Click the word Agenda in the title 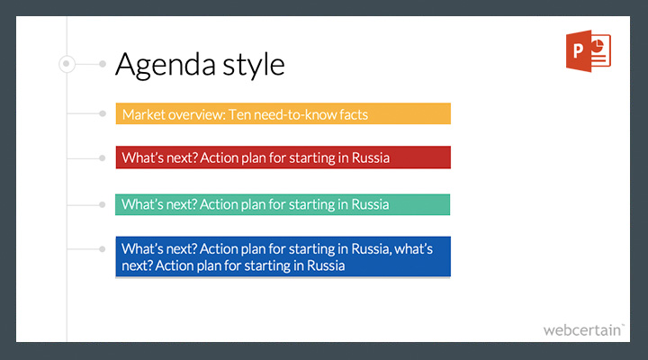166,65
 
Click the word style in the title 254,65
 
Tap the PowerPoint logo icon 589,50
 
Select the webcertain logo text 583,330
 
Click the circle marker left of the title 67,64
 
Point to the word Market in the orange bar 143,114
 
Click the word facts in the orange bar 354,114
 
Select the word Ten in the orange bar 239,114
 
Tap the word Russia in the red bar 370,157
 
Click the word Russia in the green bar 370,204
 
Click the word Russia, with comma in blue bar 371,249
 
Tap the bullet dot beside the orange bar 103,113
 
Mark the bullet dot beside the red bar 102,157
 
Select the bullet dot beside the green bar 102,204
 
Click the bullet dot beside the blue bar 102,249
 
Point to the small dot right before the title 103,64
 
